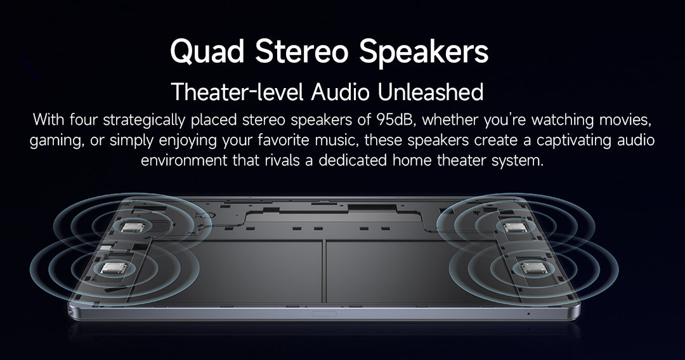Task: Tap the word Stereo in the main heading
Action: tap(301, 51)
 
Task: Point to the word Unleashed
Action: tap(430, 92)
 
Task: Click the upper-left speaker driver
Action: tap(133, 227)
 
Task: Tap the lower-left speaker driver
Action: tap(114, 267)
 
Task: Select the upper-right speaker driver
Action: tap(514, 228)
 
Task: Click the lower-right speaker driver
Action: tap(534, 267)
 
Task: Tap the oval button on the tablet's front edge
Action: tap(323, 313)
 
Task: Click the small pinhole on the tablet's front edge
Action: tap(528, 313)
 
